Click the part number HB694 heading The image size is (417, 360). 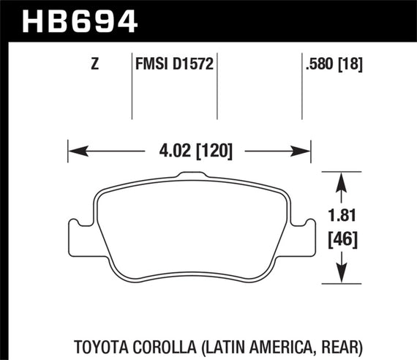(x=80, y=20)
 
